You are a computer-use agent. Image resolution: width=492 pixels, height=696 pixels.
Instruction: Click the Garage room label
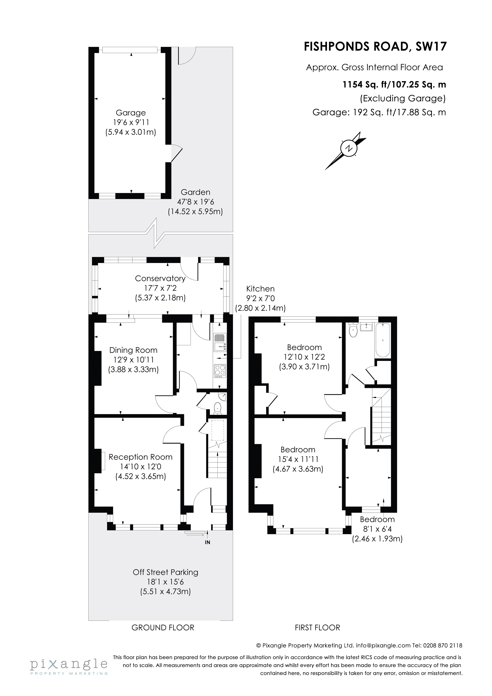coord(131,113)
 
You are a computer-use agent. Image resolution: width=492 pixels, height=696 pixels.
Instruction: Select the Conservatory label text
coord(160,278)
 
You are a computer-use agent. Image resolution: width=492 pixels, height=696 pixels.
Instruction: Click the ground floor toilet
coord(217,408)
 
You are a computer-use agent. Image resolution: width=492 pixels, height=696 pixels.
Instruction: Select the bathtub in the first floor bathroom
coord(383,340)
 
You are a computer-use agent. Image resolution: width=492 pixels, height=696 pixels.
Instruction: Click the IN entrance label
coord(207,543)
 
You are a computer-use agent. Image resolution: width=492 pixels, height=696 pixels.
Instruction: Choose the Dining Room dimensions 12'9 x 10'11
coord(133,360)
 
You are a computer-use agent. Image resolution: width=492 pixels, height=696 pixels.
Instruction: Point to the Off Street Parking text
coord(165,572)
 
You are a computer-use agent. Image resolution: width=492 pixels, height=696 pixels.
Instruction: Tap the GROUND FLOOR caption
coord(163,628)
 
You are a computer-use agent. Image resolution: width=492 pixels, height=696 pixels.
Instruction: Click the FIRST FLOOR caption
coord(317,628)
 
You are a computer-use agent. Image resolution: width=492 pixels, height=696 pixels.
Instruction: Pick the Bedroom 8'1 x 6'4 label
coord(377,529)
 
